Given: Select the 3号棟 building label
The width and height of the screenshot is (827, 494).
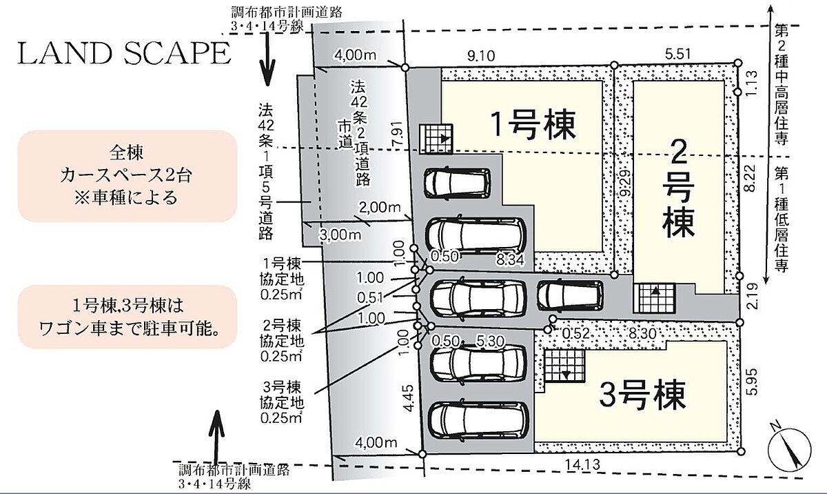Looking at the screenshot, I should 642,395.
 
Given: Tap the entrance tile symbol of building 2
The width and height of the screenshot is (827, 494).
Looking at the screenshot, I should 653,301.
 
